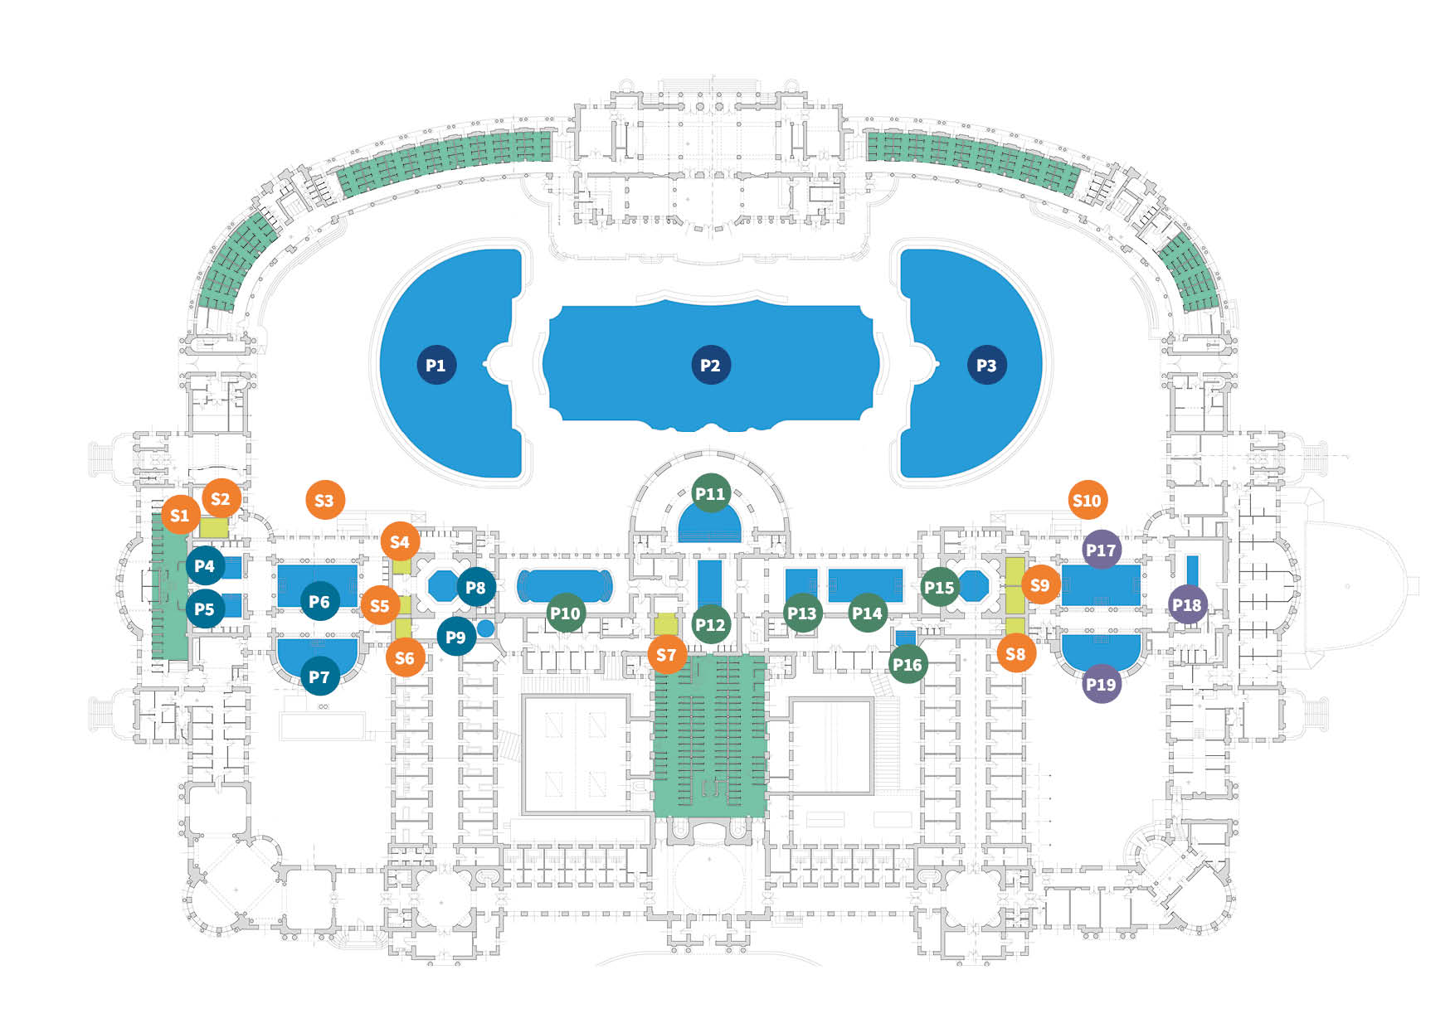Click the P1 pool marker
(x=436, y=365)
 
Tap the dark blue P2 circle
(x=710, y=365)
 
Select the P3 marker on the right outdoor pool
(x=986, y=365)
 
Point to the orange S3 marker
(x=324, y=500)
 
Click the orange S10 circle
(x=1087, y=500)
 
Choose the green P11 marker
(x=710, y=493)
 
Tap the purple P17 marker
(x=1101, y=550)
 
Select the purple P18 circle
(x=1187, y=605)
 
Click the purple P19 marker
(x=1101, y=684)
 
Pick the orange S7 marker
(x=667, y=655)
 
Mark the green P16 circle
(x=908, y=664)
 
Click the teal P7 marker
(x=319, y=676)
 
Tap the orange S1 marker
(x=180, y=515)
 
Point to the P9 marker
(x=456, y=637)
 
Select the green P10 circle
(x=566, y=613)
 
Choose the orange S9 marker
(x=1039, y=584)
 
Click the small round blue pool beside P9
(x=485, y=628)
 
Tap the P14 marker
(x=868, y=613)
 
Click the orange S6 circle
(x=405, y=658)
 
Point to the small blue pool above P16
(x=905, y=638)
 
